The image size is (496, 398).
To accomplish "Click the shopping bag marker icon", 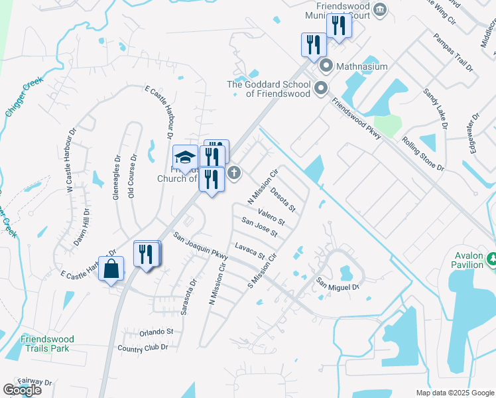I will coord(112,269).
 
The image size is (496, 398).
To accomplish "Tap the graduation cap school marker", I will coord(184,157).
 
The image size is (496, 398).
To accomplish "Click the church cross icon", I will coord(233,173).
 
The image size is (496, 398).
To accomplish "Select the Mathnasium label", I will coord(361,66).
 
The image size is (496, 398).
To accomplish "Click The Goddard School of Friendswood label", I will coord(269,89).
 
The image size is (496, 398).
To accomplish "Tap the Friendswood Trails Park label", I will coord(47,343).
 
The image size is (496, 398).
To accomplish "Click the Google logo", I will coord(22,390).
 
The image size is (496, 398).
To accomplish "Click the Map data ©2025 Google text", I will coord(455,393).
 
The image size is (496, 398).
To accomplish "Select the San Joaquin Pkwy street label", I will coord(200,245).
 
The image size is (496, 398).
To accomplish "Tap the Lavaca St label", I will coord(249,251).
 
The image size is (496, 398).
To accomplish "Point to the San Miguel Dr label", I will coord(337,283).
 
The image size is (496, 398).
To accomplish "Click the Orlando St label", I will coord(156,332).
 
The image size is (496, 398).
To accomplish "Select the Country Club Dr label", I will coord(143,348).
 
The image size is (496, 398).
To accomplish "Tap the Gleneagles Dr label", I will coord(117,178).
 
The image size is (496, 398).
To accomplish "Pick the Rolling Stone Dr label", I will coord(422,154).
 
